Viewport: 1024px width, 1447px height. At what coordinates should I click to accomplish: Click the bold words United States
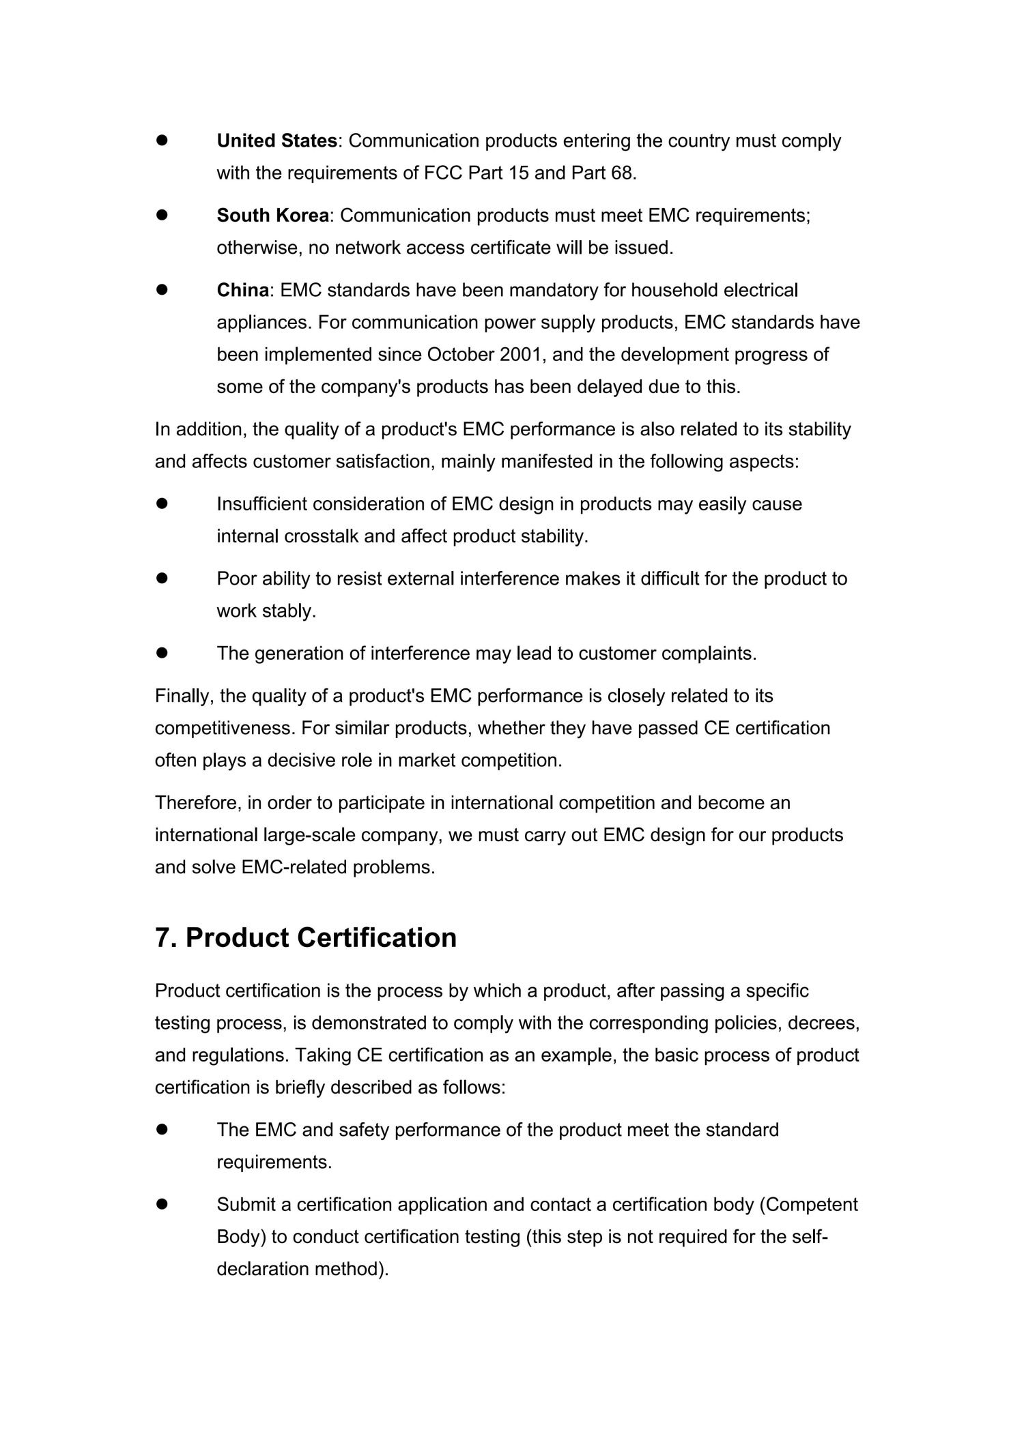[276, 141]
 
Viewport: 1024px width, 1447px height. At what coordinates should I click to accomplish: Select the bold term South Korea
[272, 216]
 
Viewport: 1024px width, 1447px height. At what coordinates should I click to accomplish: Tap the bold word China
[242, 291]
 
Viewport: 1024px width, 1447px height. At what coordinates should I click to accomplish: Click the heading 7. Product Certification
[306, 937]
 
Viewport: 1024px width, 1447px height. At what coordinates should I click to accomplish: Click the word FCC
[444, 173]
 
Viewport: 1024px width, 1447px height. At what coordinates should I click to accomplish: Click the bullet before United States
[162, 141]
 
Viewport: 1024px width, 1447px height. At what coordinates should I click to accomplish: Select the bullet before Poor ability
[162, 579]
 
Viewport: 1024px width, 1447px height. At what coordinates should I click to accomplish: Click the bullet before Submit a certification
[162, 1205]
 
